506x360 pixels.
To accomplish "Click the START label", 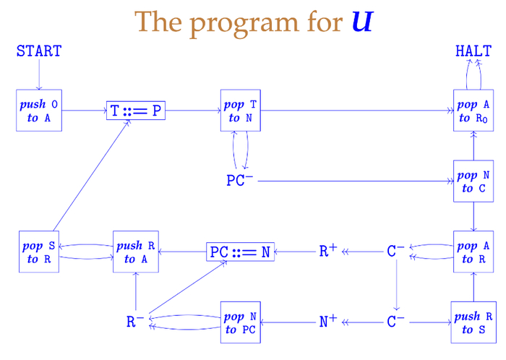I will click(x=39, y=51).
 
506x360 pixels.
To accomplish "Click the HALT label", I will click(x=473, y=51).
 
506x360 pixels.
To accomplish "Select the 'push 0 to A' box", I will click(x=39, y=111).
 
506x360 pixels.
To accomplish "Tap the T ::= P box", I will click(x=136, y=111).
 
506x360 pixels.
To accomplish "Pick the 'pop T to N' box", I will click(x=241, y=111).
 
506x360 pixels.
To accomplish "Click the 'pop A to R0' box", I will click(x=474, y=111).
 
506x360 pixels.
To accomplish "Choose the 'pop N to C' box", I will click(x=474, y=181).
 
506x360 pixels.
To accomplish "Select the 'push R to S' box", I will click(x=474, y=322).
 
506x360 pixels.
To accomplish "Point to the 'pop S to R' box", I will click(x=39, y=252).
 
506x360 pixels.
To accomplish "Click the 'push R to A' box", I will click(x=136, y=252).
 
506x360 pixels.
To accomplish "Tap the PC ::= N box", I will click(x=241, y=252).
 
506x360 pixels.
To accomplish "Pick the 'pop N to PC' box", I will click(x=241, y=322).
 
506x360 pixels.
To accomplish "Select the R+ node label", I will click(x=328, y=251).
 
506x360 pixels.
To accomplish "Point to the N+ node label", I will click(x=328, y=322).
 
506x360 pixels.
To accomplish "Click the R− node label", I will click(x=135, y=322).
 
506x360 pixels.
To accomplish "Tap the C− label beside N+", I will click(x=395, y=322).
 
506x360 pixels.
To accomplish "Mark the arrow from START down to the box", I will click(x=39, y=74).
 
